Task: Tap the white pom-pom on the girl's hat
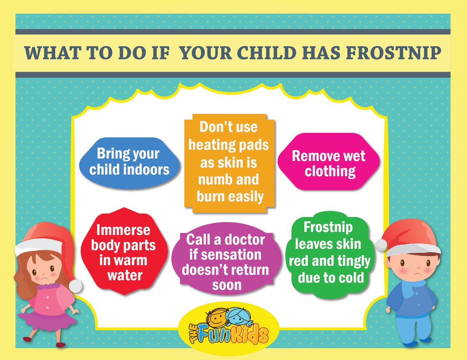coord(75,286)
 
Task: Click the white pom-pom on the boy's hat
coord(381,245)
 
